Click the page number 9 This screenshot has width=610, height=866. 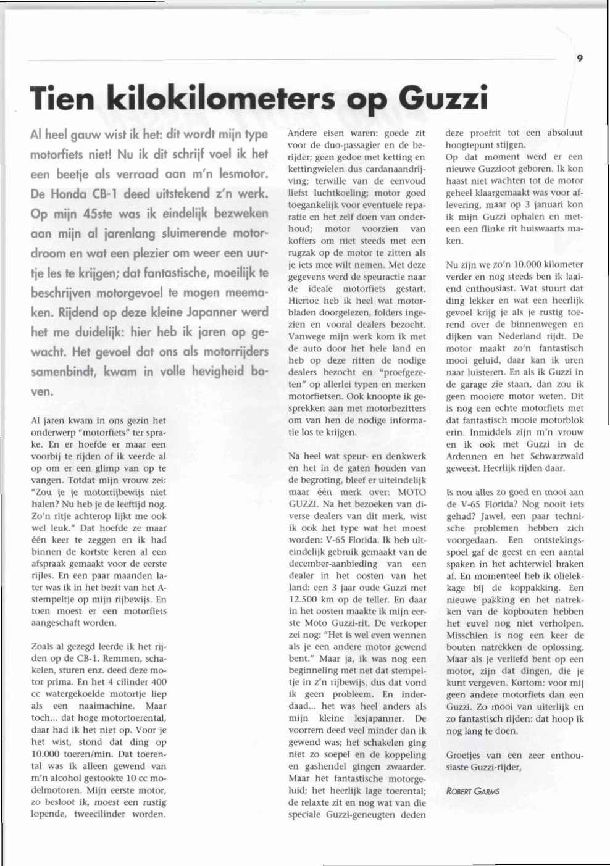tap(580, 59)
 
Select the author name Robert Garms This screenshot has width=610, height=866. tap(472, 791)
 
